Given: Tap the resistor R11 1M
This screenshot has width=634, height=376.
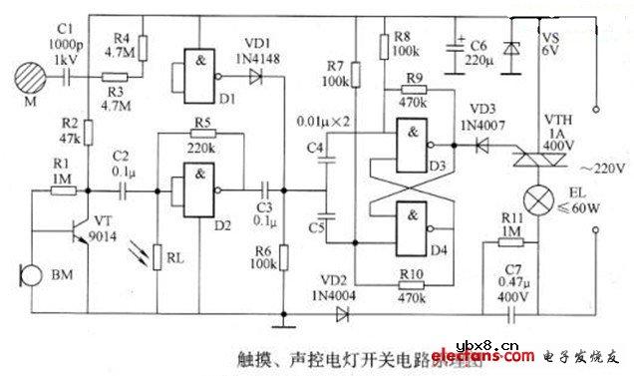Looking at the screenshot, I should [x=510, y=240].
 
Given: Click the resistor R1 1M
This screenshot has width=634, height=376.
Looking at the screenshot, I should [x=61, y=182].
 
